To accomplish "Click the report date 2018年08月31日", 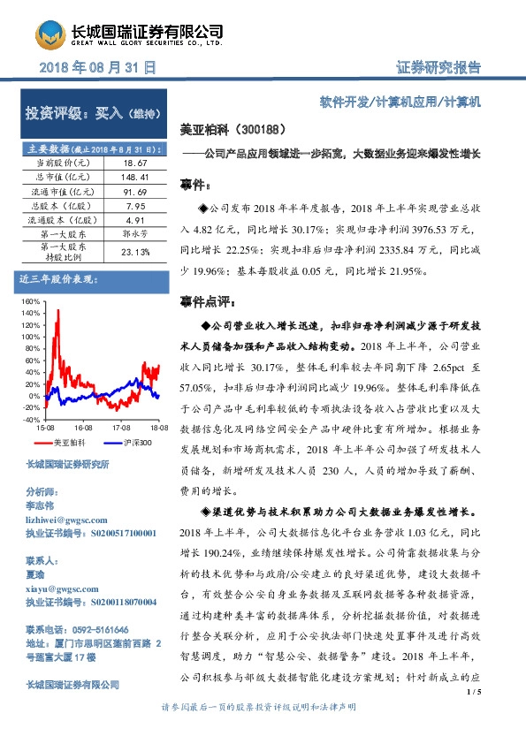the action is [99, 66].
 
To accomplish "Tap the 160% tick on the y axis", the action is [32, 302].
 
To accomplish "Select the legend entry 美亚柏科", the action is [68, 442].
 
